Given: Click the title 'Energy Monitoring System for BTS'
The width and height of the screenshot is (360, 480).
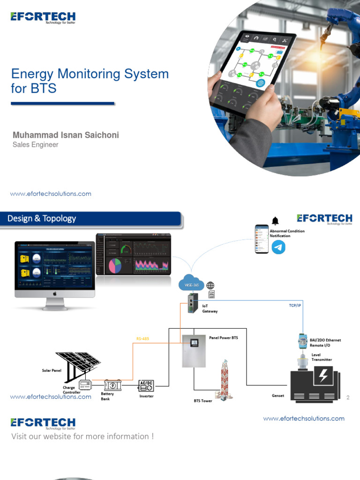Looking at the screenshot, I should pos(90,81).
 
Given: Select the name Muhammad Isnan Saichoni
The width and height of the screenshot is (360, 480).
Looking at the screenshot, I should pos(66,135).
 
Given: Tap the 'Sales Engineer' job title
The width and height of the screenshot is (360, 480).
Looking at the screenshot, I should pos(36,145).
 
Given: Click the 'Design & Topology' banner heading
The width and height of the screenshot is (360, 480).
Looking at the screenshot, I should pos(42,218).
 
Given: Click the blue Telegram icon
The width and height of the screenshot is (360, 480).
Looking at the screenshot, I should pos(279,247).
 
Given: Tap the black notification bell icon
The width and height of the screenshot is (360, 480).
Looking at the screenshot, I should pos(275,221).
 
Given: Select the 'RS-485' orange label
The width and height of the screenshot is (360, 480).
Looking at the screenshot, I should pos(142,338).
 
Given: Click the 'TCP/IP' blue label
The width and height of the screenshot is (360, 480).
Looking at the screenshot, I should pos(295,305).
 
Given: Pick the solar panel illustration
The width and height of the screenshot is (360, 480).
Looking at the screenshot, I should pos(78,364).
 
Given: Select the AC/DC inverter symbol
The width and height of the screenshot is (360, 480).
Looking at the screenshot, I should pos(146,386).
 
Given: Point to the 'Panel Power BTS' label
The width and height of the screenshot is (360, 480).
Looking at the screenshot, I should pos(224,337).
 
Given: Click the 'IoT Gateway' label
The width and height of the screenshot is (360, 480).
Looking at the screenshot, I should pos(210,308).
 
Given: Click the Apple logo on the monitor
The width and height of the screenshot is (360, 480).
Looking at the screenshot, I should pos(54,293).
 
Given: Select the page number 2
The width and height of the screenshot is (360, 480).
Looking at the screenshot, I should pos(348,397).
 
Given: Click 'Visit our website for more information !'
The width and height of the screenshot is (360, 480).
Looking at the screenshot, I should pos(82,436).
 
